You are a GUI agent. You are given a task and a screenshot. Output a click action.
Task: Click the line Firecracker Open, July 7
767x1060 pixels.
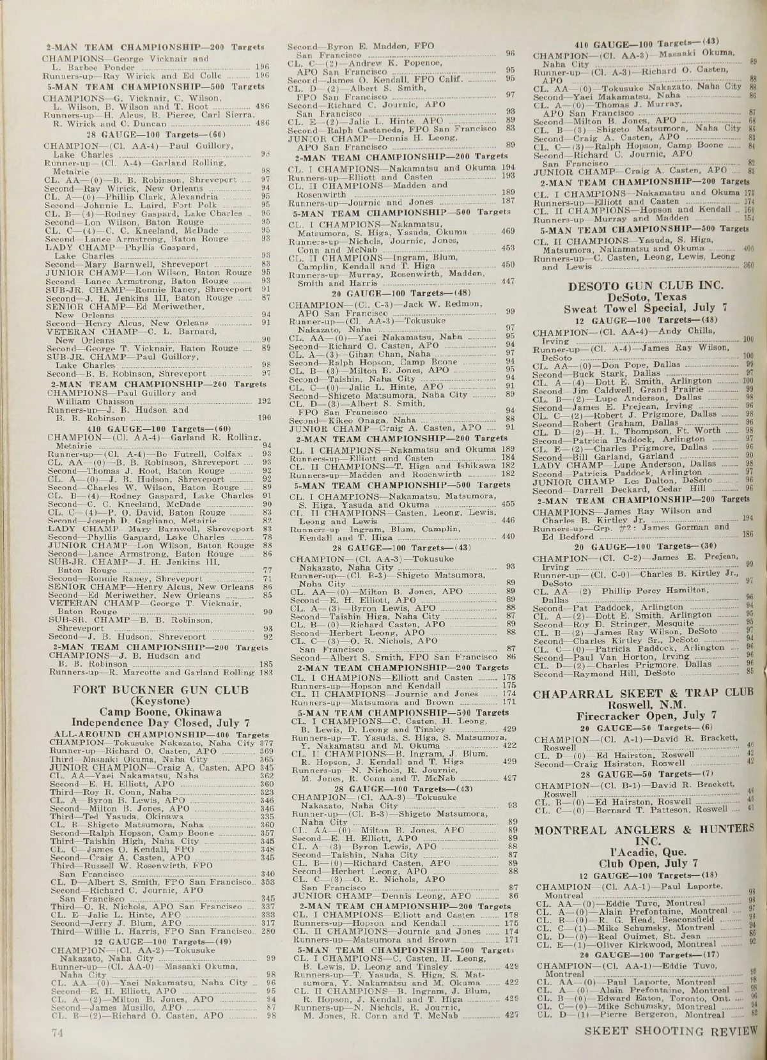point(642,716)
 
